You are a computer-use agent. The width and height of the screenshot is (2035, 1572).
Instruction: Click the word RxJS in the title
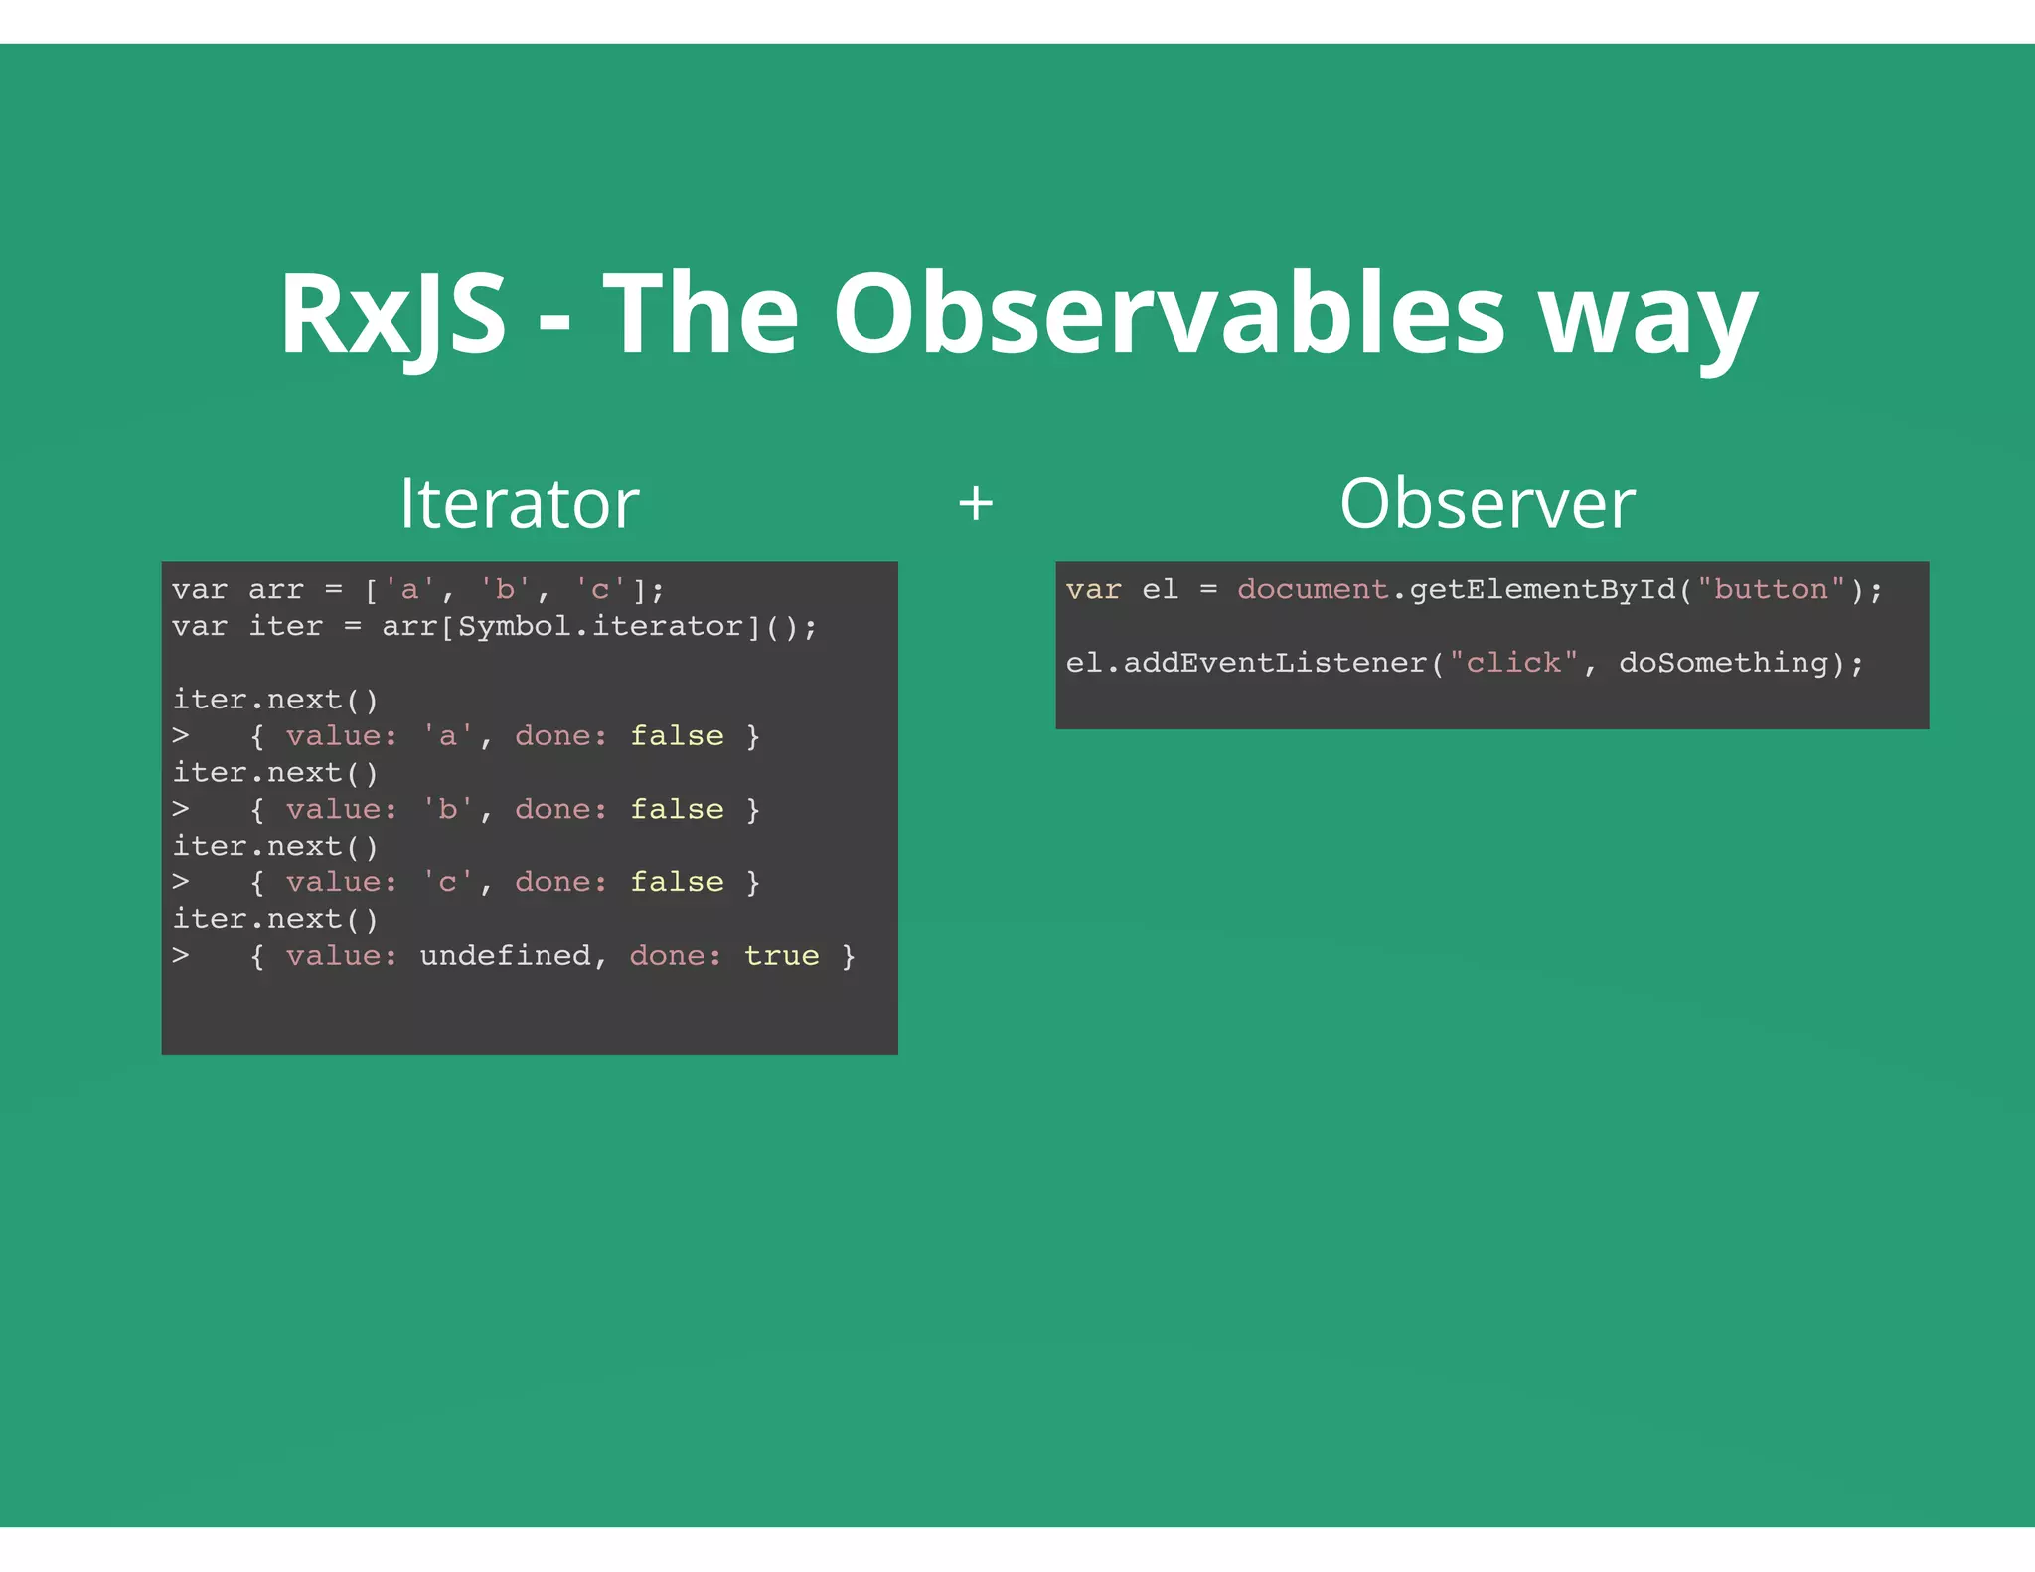[x=392, y=315]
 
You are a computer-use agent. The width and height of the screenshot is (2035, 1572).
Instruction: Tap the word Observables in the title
[x=1169, y=315]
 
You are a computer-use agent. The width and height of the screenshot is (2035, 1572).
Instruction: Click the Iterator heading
[x=519, y=503]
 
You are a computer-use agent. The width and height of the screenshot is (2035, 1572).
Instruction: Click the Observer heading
[x=1487, y=503]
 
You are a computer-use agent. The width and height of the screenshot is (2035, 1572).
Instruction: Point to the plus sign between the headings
[x=975, y=503]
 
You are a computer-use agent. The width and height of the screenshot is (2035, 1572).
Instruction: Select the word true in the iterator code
[x=781, y=956]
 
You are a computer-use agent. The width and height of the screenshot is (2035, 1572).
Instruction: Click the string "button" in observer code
[x=1771, y=589]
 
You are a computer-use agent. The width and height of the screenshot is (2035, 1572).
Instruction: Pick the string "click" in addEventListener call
[x=1513, y=663]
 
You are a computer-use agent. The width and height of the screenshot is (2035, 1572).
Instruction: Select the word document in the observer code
[x=1312, y=589]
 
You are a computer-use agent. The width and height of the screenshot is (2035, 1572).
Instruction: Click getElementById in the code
[x=1542, y=589]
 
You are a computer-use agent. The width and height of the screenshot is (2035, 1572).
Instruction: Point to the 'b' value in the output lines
[x=448, y=810]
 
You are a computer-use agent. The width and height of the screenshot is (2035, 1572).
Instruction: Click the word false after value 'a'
[x=677, y=736]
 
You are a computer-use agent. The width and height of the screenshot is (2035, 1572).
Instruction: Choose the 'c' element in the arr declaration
[x=599, y=589]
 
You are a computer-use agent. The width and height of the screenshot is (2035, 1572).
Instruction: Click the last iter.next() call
[x=275, y=919]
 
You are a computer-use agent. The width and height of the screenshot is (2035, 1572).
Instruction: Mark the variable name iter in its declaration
[x=285, y=626]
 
